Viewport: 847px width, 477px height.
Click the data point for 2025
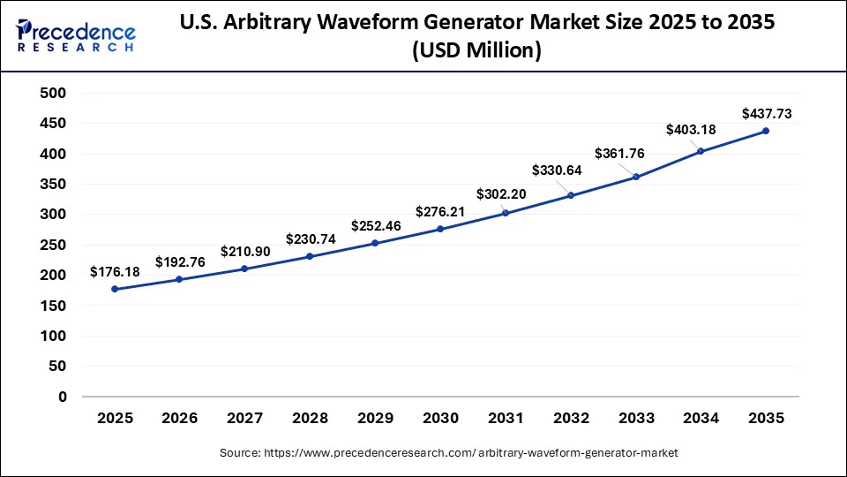point(114,289)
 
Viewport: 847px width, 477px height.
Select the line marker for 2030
point(439,229)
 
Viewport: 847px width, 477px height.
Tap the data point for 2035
point(765,131)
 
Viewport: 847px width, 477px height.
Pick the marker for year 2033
point(635,177)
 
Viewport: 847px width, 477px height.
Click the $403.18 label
point(691,130)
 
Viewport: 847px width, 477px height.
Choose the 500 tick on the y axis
point(54,93)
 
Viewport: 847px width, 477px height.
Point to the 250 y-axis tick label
point(54,245)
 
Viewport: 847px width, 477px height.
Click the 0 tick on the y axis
point(62,397)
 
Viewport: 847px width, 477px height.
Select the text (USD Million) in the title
point(476,51)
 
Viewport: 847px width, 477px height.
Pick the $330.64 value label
point(558,170)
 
